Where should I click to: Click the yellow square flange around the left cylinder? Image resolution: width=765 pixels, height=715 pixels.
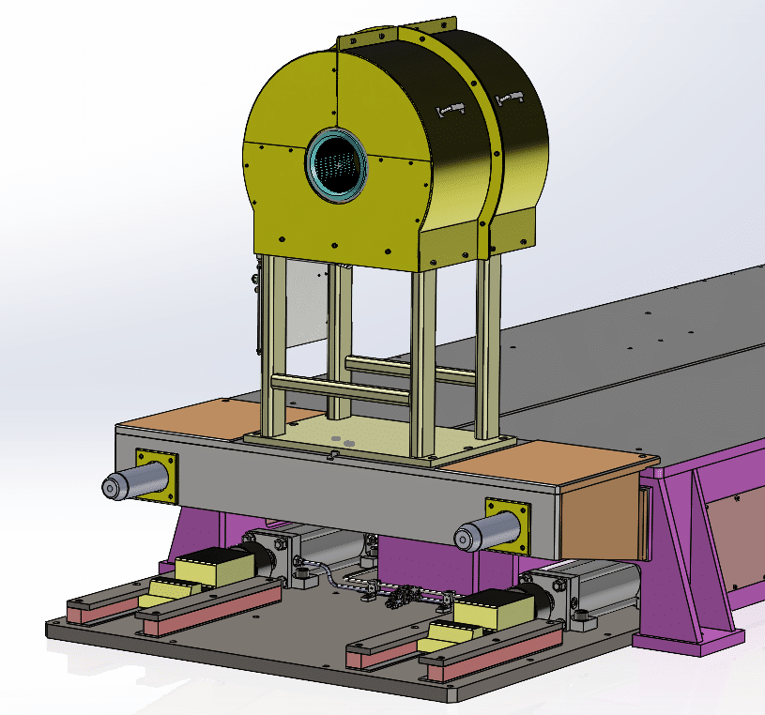pos(157,475)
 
